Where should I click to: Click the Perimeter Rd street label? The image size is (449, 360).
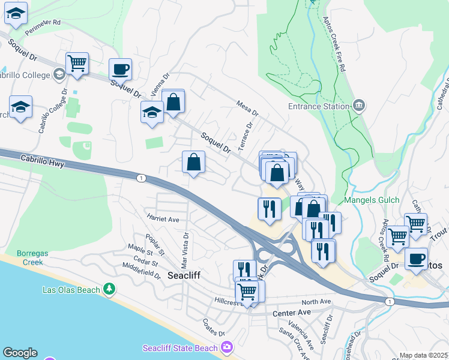click(x=48, y=22)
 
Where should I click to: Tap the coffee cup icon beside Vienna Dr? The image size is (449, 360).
click(x=120, y=70)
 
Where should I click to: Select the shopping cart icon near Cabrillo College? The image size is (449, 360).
click(x=77, y=63)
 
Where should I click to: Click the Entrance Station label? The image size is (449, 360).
click(x=319, y=106)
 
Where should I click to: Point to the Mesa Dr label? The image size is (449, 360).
click(x=247, y=108)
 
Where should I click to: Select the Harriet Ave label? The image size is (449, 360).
click(x=163, y=220)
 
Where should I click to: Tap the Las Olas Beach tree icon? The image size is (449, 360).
click(x=109, y=290)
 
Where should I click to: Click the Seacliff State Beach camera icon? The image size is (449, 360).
click(x=226, y=347)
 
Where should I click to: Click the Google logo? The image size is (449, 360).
click(x=20, y=353)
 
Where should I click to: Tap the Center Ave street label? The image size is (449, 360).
click(x=291, y=313)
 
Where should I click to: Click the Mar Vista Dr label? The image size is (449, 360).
click(x=185, y=251)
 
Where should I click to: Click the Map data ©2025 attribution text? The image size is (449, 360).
click(x=423, y=355)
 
